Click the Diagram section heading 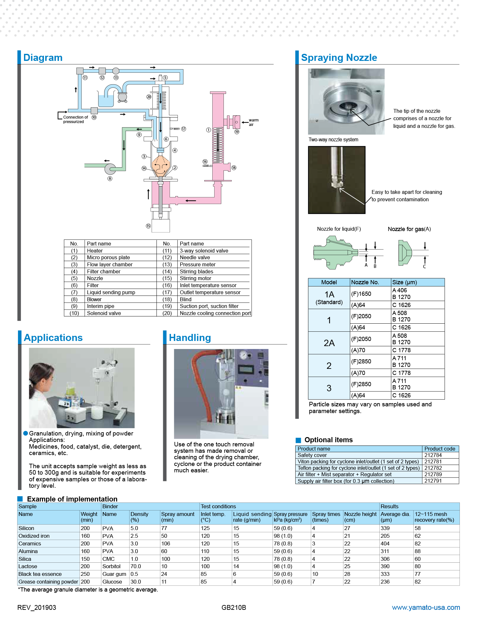[43, 58]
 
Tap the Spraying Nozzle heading [339, 58]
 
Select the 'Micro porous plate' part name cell [108, 257]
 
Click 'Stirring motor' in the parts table [195, 278]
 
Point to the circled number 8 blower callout [110, 178]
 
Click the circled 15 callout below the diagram [148, 226]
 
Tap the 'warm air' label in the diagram [253, 122]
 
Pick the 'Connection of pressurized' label [75, 119]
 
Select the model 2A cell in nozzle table [329, 343]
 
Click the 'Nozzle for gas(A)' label [409, 229]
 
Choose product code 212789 [433, 474]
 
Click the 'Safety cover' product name [312, 455]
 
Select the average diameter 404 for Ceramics [385, 543]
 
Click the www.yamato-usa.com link [426, 607]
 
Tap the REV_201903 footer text [37, 607]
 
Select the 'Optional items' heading [328, 440]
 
